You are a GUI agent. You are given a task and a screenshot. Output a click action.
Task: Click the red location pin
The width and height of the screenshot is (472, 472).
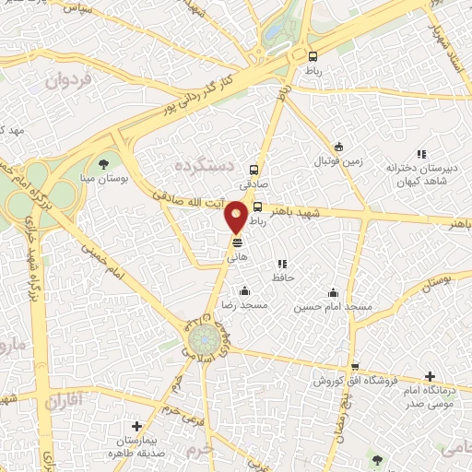237,216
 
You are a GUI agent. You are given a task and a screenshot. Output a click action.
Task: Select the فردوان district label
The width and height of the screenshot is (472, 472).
68,81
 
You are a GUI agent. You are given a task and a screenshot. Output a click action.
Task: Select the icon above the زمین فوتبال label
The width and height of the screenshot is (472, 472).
338,147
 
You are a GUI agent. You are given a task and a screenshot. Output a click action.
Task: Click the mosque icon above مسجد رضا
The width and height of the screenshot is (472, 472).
245,291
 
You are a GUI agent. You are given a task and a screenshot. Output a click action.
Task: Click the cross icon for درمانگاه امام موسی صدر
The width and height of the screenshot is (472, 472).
430,376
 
